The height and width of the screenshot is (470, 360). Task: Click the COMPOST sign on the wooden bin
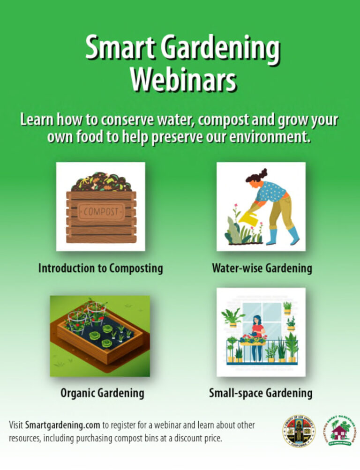point(101,211)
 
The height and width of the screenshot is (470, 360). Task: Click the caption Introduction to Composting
point(100,269)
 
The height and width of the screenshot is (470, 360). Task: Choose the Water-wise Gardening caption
point(262,269)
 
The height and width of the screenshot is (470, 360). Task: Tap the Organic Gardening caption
point(102,393)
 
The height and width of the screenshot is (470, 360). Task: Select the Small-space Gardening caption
point(261,393)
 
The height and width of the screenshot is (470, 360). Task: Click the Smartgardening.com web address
point(62,425)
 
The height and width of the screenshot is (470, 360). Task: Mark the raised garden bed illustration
point(100,336)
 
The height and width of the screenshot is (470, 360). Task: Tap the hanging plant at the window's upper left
point(232,316)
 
